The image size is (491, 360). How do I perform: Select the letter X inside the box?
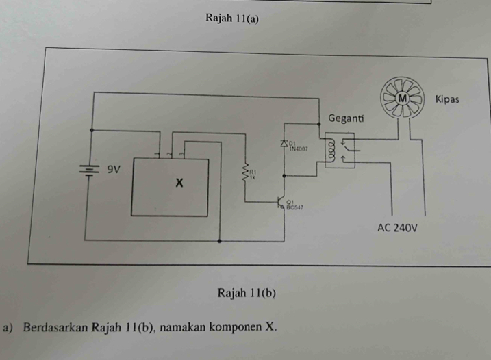click(179, 183)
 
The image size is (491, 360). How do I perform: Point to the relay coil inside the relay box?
click(332, 151)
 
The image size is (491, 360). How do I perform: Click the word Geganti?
click(347, 118)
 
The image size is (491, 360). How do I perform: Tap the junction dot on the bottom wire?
click(219, 241)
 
